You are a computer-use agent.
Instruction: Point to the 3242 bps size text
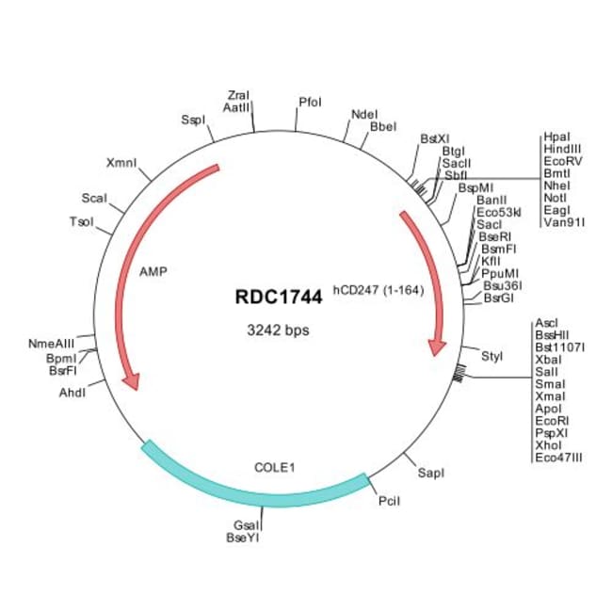click(x=278, y=330)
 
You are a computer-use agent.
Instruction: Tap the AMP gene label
click(x=153, y=270)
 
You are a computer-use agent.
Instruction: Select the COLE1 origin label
click(x=274, y=466)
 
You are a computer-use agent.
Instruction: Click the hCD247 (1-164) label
click(x=376, y=291)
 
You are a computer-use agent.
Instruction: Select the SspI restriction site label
click(x=193, y=120)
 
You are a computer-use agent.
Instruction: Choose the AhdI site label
click(x=72, y=392)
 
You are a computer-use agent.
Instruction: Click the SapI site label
click(x=431, y=471)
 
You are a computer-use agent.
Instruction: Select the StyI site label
click(x=492, y=356)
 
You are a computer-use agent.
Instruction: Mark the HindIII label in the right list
click(x=562, y=149)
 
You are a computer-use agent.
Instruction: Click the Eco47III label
click(x=559, y=458)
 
